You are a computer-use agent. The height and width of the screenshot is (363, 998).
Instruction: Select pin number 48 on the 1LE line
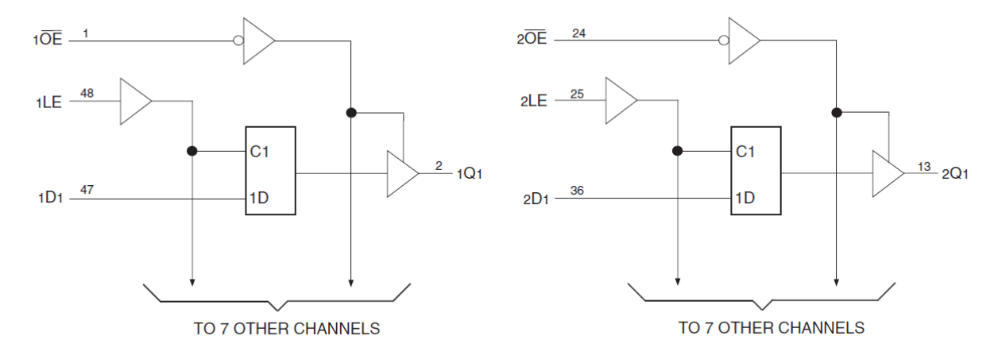pos(87,94)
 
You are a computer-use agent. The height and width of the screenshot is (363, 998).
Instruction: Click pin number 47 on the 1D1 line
pos(87,189)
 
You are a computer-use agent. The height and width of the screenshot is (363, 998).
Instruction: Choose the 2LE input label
pos(534,102)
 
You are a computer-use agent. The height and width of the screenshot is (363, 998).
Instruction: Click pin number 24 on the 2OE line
pos(578,33)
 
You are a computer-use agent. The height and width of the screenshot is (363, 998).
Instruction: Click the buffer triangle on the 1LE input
pos(134,101)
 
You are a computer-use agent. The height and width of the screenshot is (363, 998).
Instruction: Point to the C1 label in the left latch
pos(260,151)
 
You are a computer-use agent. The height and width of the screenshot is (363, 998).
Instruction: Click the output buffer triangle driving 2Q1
pos(886,173)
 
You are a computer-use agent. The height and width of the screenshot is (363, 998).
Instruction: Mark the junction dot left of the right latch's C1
pos(677,150)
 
